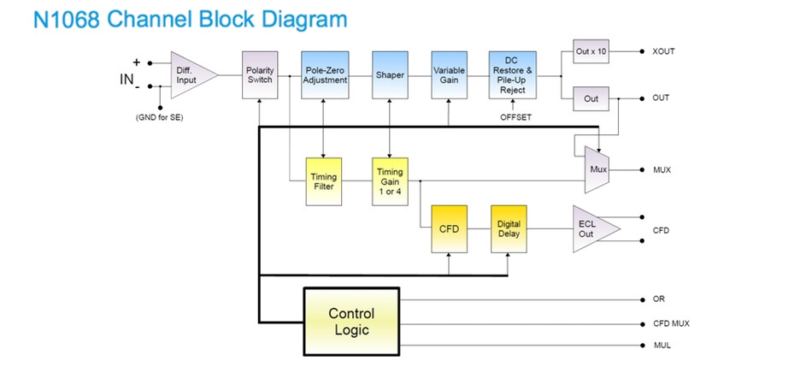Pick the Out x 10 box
(x=590, y=51)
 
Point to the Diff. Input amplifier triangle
(x=188, y=75)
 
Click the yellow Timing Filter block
(x=324, y=181)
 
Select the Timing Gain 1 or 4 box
(x=390, y=181)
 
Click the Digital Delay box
(x=509, y=228)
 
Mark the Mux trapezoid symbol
(x=597, y=169)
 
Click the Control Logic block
(x=351, y=322)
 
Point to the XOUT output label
(x=663, y=51)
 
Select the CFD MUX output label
(x=671, y=323)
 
